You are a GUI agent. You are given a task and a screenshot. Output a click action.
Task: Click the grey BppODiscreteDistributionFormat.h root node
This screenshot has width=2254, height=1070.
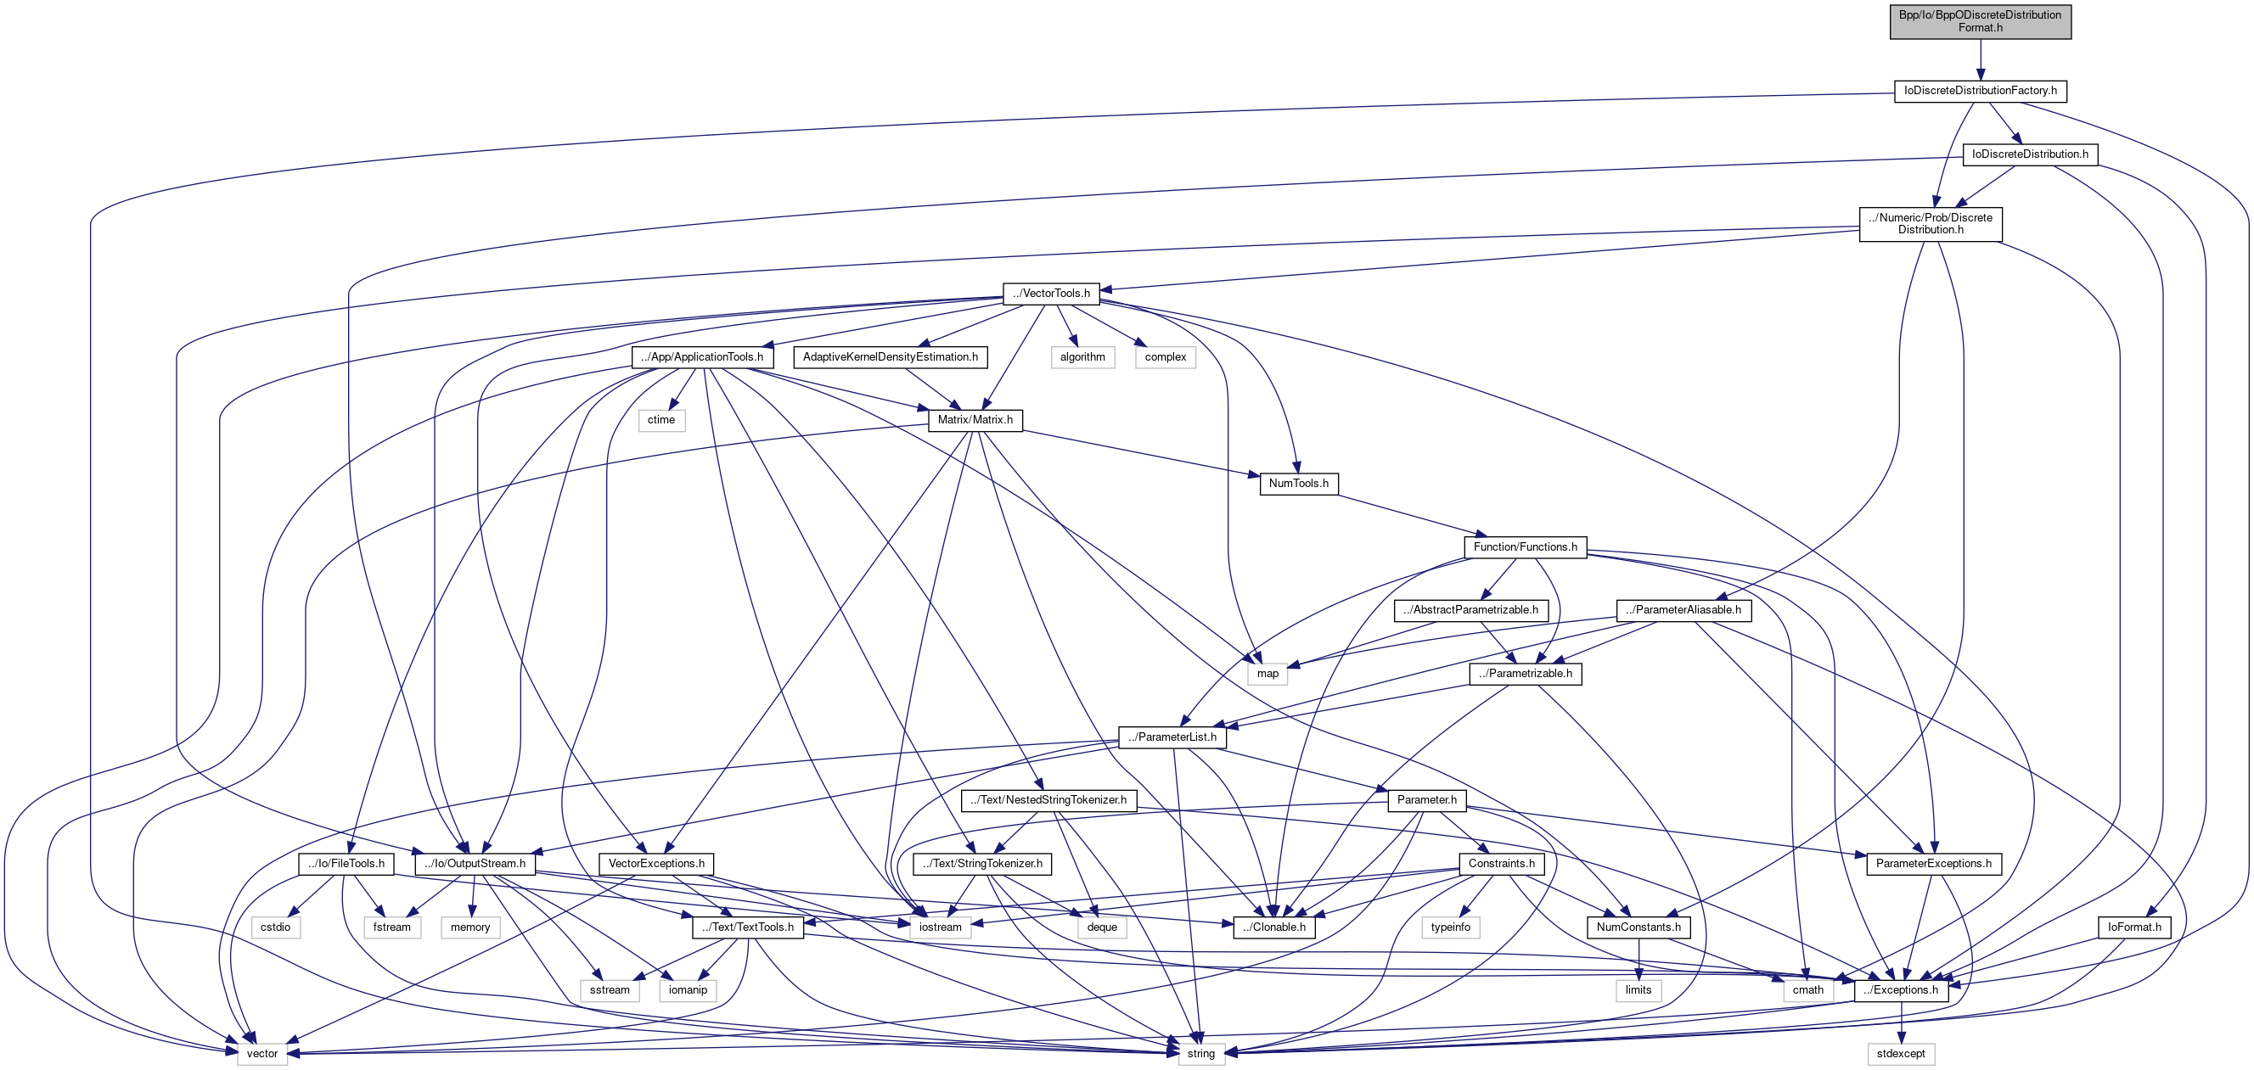tap(1979, 21)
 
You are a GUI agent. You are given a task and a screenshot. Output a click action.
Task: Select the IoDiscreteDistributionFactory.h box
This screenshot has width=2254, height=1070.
tap(1979, 91)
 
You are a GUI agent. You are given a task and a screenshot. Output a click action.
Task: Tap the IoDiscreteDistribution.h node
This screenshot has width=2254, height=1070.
tap(2029, 154)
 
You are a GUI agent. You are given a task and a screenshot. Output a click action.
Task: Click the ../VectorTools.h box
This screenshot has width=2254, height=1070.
tap(1050, 293)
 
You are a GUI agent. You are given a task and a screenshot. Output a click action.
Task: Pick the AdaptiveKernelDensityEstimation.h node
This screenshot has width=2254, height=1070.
tap(890, 357)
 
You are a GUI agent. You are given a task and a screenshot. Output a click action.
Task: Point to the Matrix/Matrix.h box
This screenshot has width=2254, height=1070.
tap(975, 420)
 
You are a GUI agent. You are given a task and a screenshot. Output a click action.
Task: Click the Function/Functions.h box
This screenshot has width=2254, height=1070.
tap(1524, 546)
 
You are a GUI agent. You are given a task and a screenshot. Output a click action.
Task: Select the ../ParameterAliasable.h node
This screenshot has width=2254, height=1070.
tap(1683, 610)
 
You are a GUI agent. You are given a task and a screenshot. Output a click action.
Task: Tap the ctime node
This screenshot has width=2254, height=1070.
tap(660, 420)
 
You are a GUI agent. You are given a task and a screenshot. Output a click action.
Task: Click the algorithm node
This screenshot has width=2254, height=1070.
tap(1082, 357)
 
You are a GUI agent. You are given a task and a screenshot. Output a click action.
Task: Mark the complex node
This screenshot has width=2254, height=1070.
tap(1165, 357)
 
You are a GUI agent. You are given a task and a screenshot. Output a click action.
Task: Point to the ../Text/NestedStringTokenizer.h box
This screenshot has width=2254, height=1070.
tap(1048, 799)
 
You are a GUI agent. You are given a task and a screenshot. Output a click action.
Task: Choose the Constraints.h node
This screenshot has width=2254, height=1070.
tap(1501, 864)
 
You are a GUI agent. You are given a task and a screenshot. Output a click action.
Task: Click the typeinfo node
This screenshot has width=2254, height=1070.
tap(1450, 927)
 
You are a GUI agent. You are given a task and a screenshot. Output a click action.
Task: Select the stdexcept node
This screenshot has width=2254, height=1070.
tap(1901, 1053)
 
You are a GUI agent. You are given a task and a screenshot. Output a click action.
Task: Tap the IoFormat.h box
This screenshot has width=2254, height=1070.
tap(2133, 927)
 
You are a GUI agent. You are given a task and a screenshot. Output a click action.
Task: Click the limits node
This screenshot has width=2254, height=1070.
tap(1637, 990)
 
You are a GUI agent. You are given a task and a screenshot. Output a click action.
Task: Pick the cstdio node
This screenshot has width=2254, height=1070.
tap(276, 927)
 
